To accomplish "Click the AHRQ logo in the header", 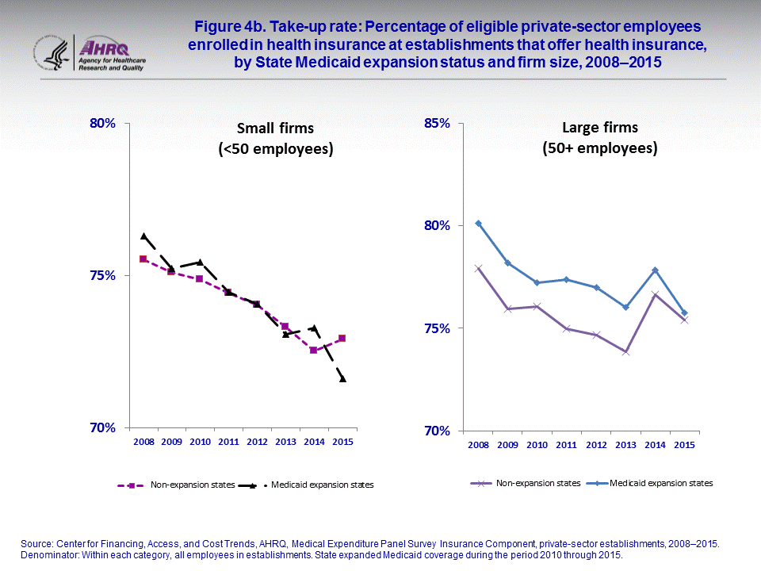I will [111, 52].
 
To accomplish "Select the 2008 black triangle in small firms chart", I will [143, 236].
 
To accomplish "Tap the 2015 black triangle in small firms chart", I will [342, 379].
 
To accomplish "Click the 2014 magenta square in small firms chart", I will [313, 350].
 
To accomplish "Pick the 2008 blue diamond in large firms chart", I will [478, 224].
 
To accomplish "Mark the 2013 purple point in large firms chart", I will [625, 351].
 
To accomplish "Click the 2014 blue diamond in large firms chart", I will [655, 270].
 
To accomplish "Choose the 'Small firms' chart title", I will [276, 138].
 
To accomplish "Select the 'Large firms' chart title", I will [599, 137].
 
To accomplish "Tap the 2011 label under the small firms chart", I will [228, 442].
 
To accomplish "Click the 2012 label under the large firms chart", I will [596, 446].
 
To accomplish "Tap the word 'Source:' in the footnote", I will [36, 543].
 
